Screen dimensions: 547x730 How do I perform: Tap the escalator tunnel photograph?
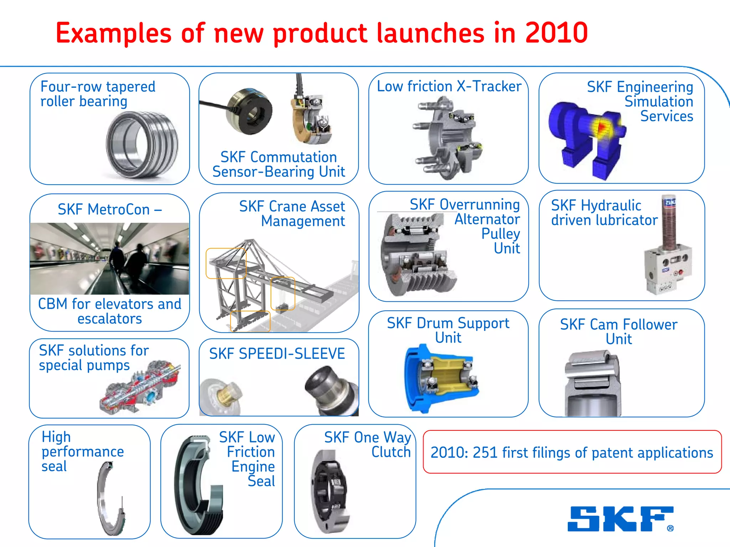click(x=109, y=259)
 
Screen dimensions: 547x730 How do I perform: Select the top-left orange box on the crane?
click(x=226, y=263)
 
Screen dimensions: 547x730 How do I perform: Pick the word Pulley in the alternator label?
click(x=500, y=234)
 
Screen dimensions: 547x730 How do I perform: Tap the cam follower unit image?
click(x=592, y=383)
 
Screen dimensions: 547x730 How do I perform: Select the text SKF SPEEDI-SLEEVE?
click(x=277, y=354)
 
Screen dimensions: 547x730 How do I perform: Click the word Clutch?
click(x=391, y=452)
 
